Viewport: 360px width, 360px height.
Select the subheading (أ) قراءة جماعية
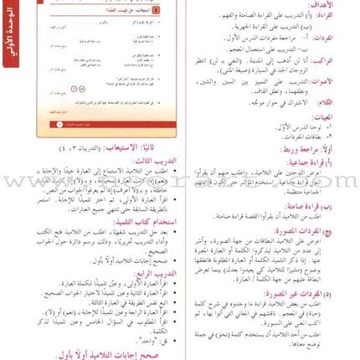[332, 161]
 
